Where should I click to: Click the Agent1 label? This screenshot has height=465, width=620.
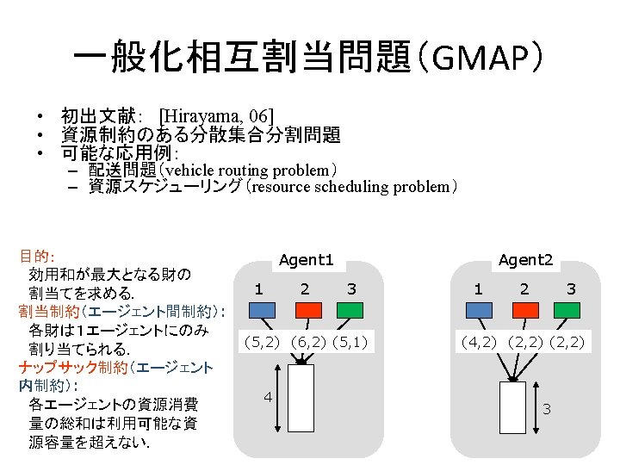(x=306, y=259)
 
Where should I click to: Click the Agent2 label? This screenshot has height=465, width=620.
(x=525, y=259)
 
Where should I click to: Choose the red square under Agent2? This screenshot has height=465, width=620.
(x=524, y=311)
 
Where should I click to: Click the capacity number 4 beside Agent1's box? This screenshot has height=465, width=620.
(x=267, y=397)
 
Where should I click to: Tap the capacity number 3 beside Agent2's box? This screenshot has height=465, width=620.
(x=547, y=408)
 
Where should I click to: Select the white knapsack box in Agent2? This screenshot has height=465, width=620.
(x=512, y=411)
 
